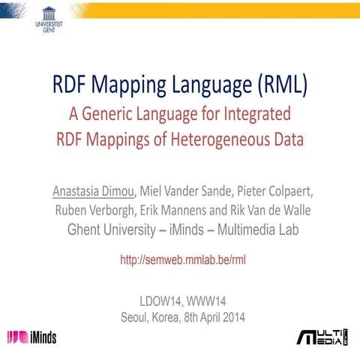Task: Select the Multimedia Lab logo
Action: point(321,337)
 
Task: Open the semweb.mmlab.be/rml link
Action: point(183,259)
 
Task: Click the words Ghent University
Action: point(112,229)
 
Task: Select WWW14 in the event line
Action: point(206,301)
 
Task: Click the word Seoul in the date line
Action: point(136,316)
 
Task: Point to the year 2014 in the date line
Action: point(230,316)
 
